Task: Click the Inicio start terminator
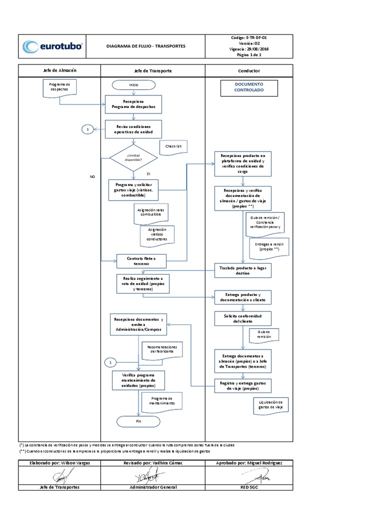click(133, 85)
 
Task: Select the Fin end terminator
click(138, 421)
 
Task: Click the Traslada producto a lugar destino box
click(243, 270)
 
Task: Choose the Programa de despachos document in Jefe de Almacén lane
click(59, 89)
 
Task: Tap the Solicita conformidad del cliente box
click(243, 318)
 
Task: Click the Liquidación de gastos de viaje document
click(270, 405)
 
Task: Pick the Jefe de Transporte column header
click(153, 71)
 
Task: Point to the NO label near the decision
click(92, 177)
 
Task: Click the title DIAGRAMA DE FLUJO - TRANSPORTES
click(146, 46)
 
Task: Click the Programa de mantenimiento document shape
click(161, 401)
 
